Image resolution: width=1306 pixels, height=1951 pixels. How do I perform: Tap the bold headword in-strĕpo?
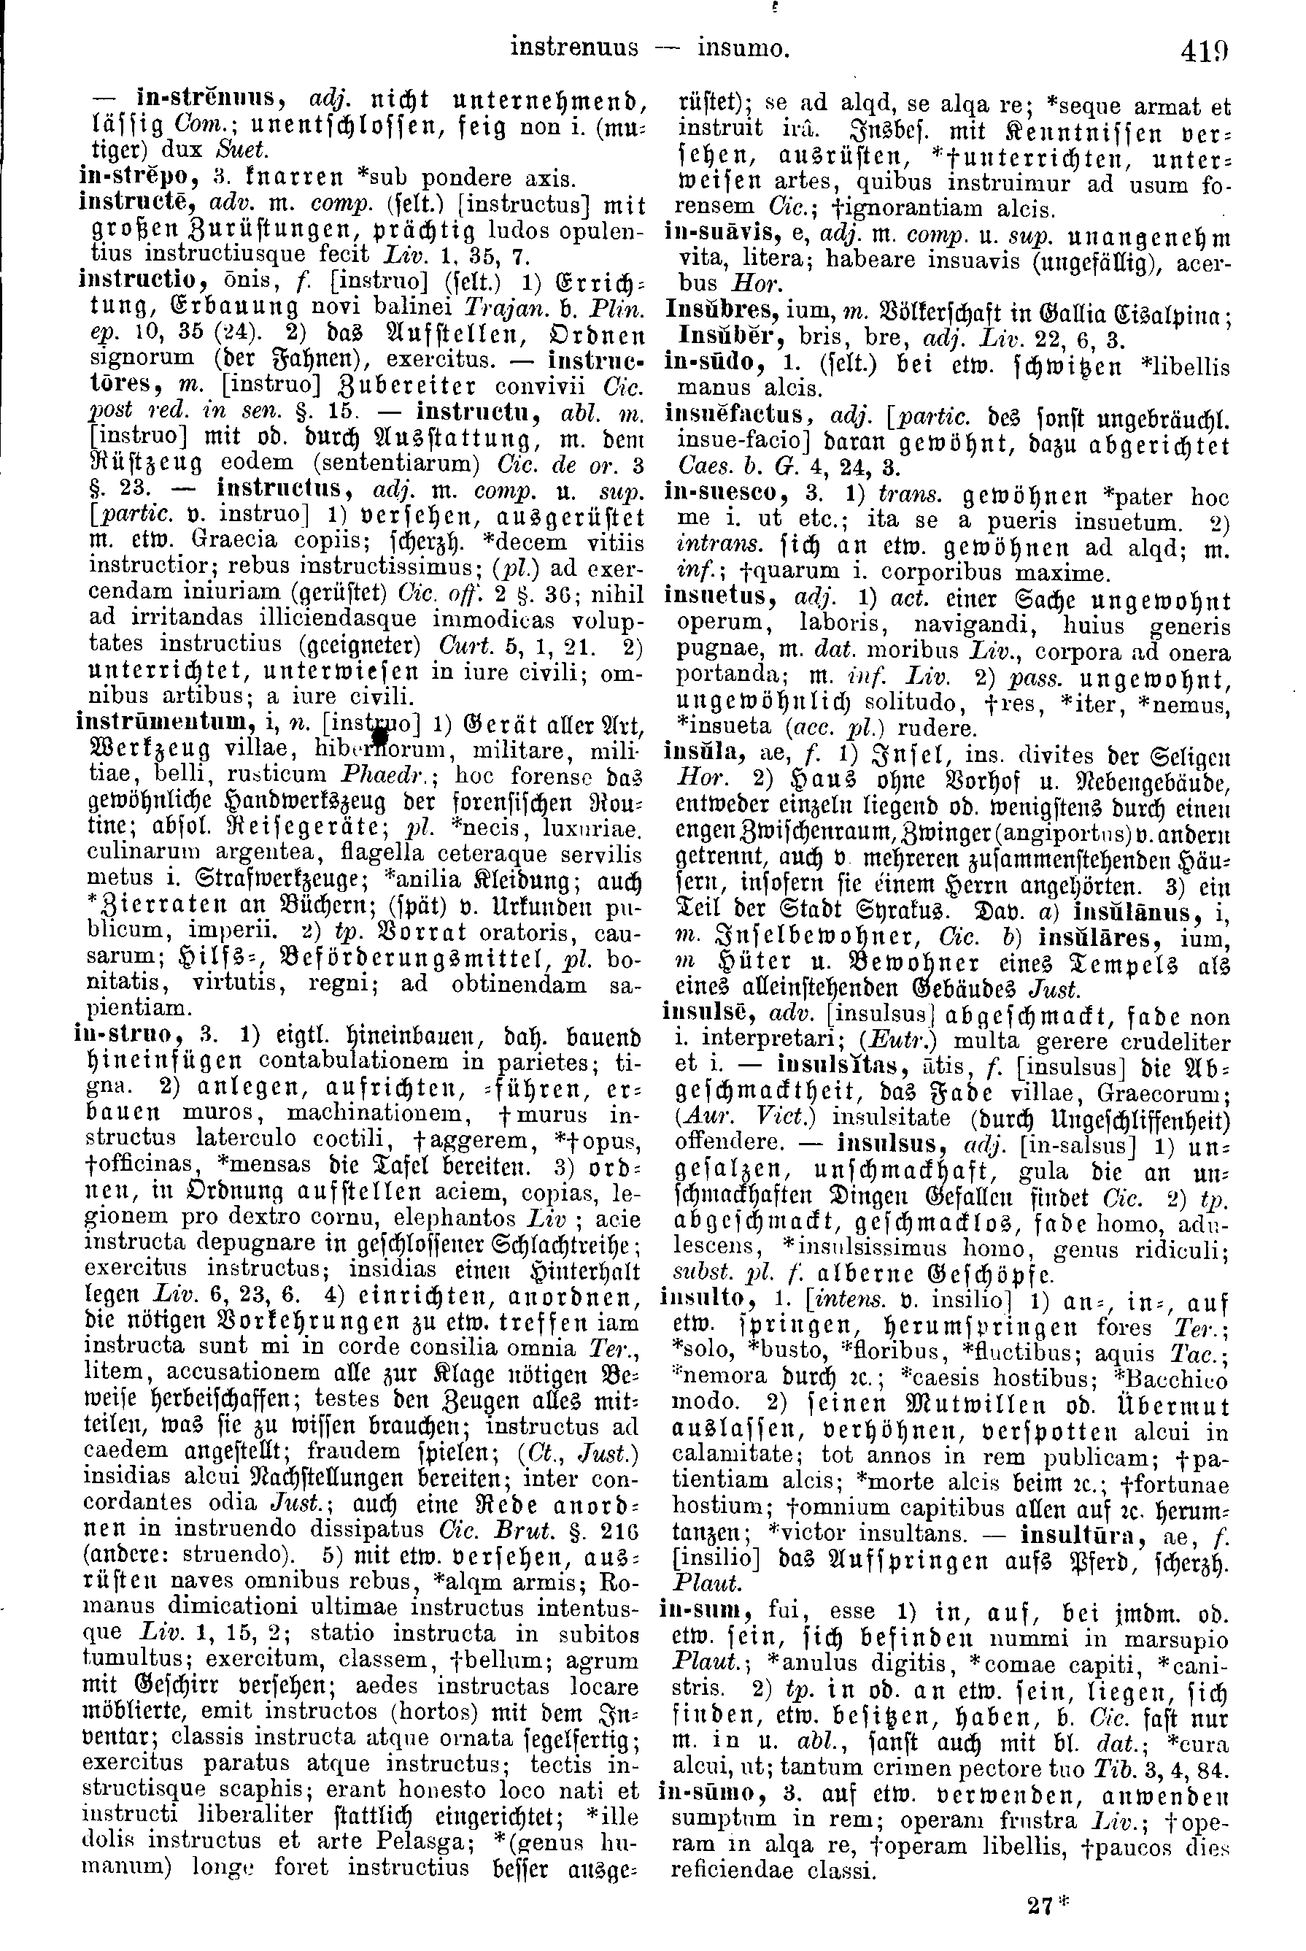(x=127, y=177)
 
